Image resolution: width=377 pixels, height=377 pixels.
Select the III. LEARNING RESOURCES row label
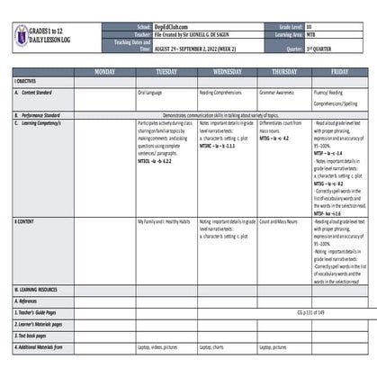coord(36,314)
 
